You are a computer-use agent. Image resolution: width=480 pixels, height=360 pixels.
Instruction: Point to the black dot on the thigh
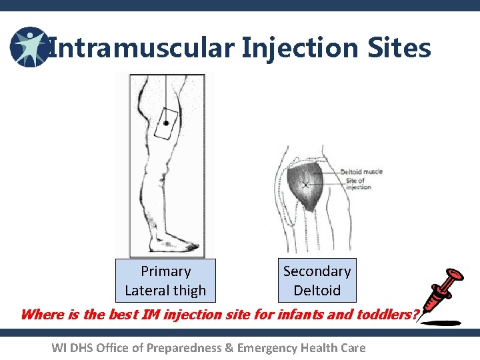pyautogui.click(x=165, y=123)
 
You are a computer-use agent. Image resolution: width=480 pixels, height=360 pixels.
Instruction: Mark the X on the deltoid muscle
pyautogui.click(x=306, y=184)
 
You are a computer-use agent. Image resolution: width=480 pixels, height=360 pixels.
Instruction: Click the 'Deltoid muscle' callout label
pyautogui.click(x=361, y=172)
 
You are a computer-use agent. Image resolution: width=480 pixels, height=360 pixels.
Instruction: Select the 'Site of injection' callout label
pyautogui.click(x=358, y=184)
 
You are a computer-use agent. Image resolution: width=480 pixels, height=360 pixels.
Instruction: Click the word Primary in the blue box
pyautogui.click(x=165, y=271)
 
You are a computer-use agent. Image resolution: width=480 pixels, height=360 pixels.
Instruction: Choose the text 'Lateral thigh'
pyautogui.click(x=165, y=291)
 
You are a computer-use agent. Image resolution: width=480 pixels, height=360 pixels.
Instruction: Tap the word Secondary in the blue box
pyautogui.click(x=317, y=271)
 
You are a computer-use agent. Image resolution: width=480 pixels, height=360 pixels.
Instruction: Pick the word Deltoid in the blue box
pyautogui.click(x=317, y=291)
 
